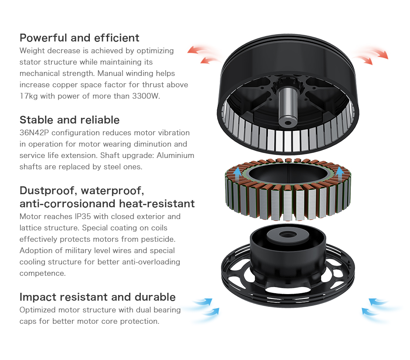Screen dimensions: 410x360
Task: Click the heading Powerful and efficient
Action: (x=79, y=38)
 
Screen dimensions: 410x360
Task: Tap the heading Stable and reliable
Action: (x=69, y=120)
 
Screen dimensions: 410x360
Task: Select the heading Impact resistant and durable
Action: (x=98, y=297)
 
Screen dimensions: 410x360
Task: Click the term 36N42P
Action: (x=34, y=133)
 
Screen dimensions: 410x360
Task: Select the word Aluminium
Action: (x=175, y=155)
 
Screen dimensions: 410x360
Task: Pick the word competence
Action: (x=43, y=274)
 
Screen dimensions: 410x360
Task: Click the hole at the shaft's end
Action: (x=288, y=123)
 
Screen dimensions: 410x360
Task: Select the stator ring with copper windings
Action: (x=287, y=189)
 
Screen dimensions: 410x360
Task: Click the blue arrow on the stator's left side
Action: (x=237, y=174)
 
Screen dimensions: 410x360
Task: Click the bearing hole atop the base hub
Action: (x=287, y=234)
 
